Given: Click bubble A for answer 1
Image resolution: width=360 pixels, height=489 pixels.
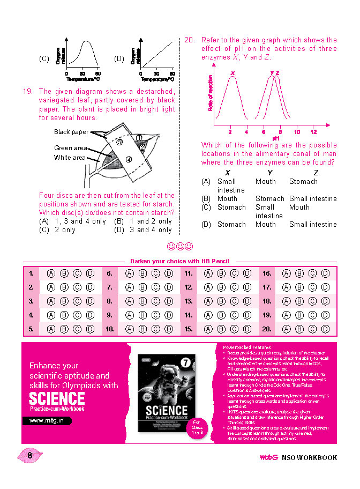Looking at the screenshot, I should pos(51,273).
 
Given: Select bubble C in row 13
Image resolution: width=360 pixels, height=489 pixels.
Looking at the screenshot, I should pos(234,301).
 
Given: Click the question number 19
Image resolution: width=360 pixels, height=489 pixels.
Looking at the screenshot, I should pos(28,92).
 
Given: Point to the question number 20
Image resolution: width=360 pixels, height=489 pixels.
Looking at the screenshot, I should pos(190,40).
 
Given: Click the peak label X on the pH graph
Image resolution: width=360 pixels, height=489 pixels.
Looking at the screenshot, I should pos(232,73).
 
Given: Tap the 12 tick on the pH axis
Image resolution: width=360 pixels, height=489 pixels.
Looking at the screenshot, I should pos(314,132).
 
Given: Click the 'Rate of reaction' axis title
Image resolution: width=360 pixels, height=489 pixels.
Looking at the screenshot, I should pos(210,93).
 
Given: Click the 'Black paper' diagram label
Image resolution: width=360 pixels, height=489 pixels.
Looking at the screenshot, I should pos(71,132).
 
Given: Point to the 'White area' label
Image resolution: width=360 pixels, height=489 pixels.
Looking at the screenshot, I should pos(70,158).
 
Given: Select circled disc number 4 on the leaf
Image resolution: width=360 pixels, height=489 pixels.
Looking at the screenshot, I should pos(129,159).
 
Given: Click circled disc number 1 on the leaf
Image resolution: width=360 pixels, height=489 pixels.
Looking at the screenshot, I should pos(138,138).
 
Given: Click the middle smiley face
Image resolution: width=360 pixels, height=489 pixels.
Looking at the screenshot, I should pos(180,247).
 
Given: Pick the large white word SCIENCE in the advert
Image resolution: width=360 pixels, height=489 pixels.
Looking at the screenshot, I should pos(57,398).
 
